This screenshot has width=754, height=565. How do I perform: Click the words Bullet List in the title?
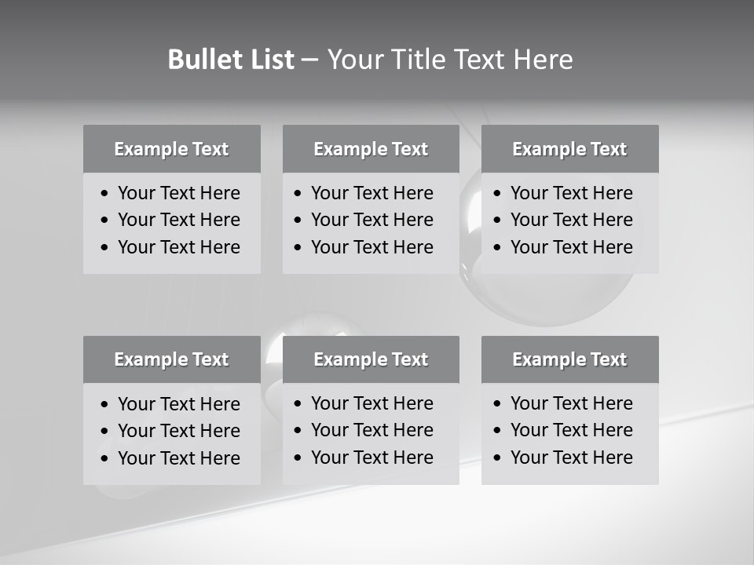[x=231, y=60]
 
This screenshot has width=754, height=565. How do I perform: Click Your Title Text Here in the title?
[x=449, y=60]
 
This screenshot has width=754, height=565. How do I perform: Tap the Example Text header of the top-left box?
[x=171, y=149]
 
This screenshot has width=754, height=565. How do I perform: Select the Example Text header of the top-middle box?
[x=371, y=149]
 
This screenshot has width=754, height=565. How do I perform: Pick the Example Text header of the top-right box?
[x=569, y=149]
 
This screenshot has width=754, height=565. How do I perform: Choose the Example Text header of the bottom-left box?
[x=171, y=359]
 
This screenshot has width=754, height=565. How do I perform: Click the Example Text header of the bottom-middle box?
[x=371, y=359]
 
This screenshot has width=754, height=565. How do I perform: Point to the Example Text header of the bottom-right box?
[x=569, y=359]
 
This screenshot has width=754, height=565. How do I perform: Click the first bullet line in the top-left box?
[x=179, y=193]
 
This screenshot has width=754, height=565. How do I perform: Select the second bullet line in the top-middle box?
[x=372, y=220]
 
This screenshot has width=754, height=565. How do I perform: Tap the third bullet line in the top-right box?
[x=572, y=247]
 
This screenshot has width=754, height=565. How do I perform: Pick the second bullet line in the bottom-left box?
[x=179, y=431]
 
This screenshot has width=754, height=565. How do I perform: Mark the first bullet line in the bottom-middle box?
[x=372, y=403]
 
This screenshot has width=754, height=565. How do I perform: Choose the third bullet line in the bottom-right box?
[x=572, y=457]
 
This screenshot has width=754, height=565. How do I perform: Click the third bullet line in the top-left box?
[x=179, y=247]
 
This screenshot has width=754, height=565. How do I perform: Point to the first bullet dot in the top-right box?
[x=497, y=194]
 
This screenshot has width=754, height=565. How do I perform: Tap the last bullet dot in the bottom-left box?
[x=104, y=459]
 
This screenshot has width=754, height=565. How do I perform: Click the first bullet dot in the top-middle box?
[x=298, y=194]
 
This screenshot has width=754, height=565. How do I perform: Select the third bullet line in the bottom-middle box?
[x=372, y=457]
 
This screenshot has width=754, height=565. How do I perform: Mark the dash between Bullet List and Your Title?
[x=310, y=60]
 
